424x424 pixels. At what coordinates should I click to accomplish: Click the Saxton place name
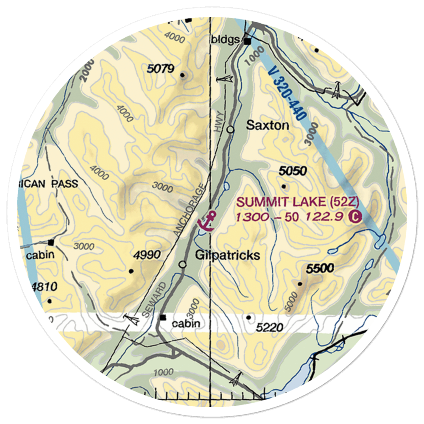coord(268,126)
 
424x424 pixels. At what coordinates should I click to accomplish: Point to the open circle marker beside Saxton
coord(230,129)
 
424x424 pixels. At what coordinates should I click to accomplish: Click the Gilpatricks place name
coord(227,255)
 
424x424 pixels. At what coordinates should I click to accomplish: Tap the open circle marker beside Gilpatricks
coord(183,264)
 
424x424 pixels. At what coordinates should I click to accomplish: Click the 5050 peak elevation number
coord(293,171)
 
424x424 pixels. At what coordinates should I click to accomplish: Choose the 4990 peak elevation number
coord(147,255)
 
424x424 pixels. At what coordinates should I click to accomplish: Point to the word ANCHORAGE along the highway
coord(191,209)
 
